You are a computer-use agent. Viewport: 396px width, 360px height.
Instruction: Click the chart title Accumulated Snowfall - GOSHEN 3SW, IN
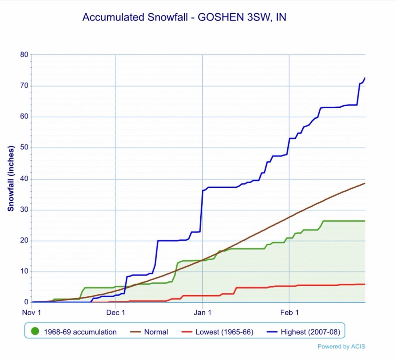click(184, 17)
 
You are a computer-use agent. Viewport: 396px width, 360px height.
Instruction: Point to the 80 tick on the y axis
click(24, 55)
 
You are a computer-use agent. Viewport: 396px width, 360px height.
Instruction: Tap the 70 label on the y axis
click(24, 86)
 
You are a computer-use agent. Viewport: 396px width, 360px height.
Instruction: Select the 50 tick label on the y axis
click(24, 148)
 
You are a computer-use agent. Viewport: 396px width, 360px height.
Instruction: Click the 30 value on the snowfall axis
click(24, 210)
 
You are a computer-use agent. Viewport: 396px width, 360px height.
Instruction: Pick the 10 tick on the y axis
click(24, 272)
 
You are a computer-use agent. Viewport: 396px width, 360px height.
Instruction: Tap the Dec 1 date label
click(115, 312)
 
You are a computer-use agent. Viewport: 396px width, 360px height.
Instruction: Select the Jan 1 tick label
click(202, 312)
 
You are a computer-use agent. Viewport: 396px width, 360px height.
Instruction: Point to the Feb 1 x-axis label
click(289, 312)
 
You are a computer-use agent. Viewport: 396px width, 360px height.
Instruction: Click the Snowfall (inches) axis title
click(11, 178)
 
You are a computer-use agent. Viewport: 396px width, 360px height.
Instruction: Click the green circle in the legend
click(36, 331)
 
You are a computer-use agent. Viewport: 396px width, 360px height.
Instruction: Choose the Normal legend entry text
click(156, 332)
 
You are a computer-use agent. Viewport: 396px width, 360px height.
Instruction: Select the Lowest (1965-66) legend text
click(224, 332)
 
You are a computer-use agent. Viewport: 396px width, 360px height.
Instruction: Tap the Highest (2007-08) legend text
click(307, 332)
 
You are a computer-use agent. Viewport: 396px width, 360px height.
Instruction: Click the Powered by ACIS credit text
click(341, 346)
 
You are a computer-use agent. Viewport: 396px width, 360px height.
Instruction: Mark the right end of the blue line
click(365, 78)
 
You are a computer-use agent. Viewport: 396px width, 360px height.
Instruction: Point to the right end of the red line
click(365, 284)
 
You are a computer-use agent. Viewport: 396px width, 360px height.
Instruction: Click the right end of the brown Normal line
click(365, 183)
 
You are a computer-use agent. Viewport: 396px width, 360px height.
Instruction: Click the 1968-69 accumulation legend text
click(80, 332)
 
